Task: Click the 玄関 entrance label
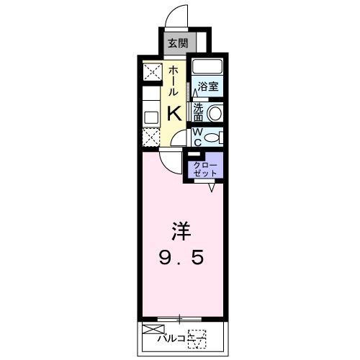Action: pyautogui.click(x=177, y=42)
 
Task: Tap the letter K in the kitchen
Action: pyautogui.click(x=175, y=113)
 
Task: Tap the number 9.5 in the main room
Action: pyautogui.click(x=180, y=258)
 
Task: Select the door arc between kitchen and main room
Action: pyautogui.click(x=170, y=162)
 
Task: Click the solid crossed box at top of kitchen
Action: pyautogui.click(x=153, y=72)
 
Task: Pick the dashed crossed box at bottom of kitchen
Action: pyautogui.click(x=152, y=136)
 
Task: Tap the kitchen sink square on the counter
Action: pyautogui.click(x=151, y=116)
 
